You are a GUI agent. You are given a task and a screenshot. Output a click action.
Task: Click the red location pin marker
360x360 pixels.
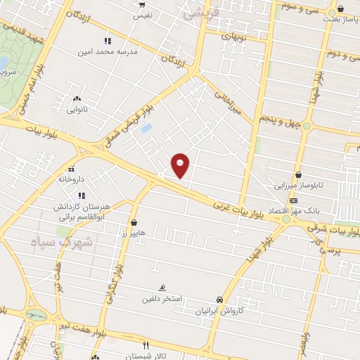click(181, 165)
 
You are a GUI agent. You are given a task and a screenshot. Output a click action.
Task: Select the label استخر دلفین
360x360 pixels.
click(162, 298)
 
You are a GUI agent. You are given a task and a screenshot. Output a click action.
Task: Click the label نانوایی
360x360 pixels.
click(76, 109)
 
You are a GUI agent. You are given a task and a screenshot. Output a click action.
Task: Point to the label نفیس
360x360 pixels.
click(142, 14)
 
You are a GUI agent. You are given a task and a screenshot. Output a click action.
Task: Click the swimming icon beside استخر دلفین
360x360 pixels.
click(162, 288)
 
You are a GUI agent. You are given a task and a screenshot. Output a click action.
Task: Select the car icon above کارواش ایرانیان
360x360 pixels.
click(221, 299)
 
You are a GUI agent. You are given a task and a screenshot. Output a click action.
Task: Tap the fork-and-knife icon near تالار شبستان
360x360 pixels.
click(146, 345)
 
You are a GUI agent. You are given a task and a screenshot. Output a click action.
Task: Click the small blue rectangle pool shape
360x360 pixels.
click(146, 129)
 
